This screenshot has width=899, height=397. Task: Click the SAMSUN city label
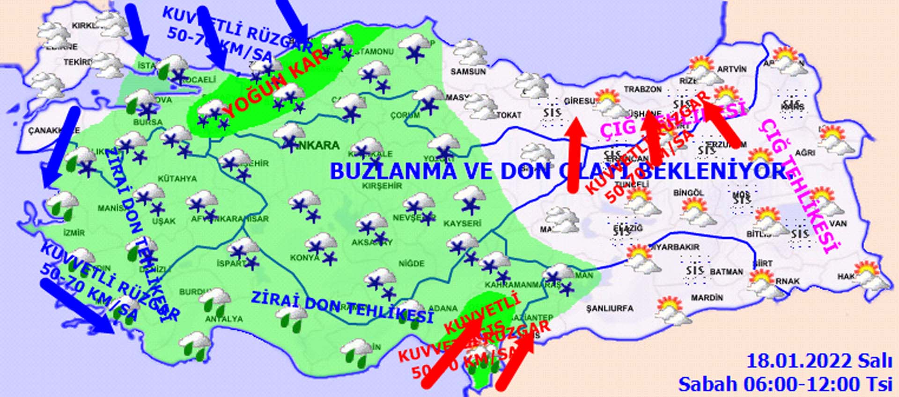468,72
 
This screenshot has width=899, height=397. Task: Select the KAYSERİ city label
462,224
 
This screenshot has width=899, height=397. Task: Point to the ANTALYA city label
224,319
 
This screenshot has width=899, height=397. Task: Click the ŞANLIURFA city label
609,308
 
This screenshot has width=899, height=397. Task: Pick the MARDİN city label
707,297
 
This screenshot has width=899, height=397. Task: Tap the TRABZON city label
642,89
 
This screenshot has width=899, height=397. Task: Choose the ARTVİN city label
732,69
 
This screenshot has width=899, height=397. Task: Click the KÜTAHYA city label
177,179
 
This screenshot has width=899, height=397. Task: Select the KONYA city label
304,258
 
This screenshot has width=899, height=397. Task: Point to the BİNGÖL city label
688,193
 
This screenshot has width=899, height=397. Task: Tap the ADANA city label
442,309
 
